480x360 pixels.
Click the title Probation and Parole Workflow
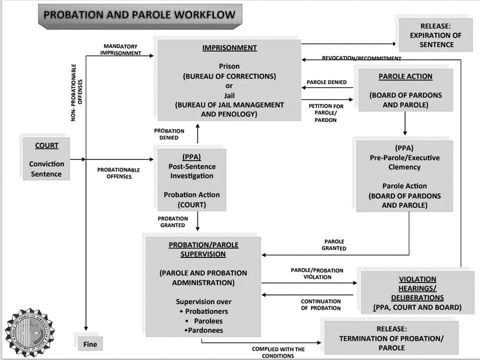tap(139, 14)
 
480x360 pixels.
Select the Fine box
tap(90, 344)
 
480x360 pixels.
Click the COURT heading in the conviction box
tap(46, 145)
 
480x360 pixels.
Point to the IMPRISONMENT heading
tap(229, 48)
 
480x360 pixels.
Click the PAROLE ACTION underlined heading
tap(405, 76)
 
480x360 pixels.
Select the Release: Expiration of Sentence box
tap(435, 35)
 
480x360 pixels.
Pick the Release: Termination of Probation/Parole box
tap(391, 338)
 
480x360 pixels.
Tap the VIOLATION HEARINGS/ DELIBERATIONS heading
tap(417, 288)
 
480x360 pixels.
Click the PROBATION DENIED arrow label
tap(169, 134)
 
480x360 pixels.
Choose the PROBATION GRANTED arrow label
tap(173, 222)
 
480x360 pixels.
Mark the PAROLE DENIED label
tap(326, 82)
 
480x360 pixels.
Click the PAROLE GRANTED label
tap(334, 245)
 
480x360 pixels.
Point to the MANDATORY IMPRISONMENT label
tap(120, 49)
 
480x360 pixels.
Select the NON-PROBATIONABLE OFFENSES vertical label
tap(77, 92)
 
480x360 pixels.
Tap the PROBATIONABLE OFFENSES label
tap(118, 173)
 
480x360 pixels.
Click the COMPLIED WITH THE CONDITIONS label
tap(278, 352)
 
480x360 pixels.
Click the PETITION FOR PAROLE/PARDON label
tap(326, 113)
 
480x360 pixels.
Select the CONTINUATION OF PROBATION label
tap(321, 304)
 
